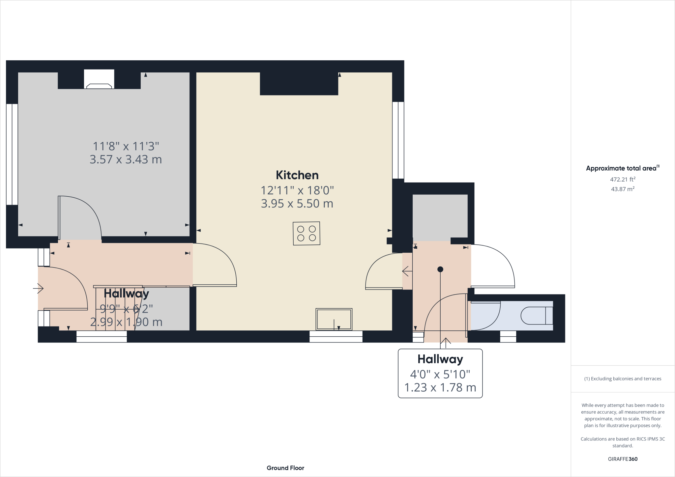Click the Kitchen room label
[x=297, y=175]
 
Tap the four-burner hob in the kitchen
[x=307, y=234]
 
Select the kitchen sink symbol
[x=334, y=319]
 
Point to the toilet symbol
[x=537, y=316]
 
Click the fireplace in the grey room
[x=99, y=79]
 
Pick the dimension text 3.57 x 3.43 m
[x=126, y=159]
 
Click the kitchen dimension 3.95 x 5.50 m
[x=297, y=204]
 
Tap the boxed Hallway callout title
[x=440, y=359]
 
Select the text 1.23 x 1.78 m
[x=440, y=387]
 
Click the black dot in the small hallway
[x=440, y=269]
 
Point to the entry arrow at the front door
[x=38, y=289]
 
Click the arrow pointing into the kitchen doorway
[x=407, y=271]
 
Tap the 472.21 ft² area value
[x=623, y=180]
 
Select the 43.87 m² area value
[x=623, y=189]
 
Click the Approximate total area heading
[x=623, y=168]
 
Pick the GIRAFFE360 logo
[x=623, y=459]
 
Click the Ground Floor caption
[x=285, y=468]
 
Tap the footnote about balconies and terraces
[x=623, y=379]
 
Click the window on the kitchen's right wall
[x=398, y=140]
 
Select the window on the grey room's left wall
[x=12, y=154]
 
